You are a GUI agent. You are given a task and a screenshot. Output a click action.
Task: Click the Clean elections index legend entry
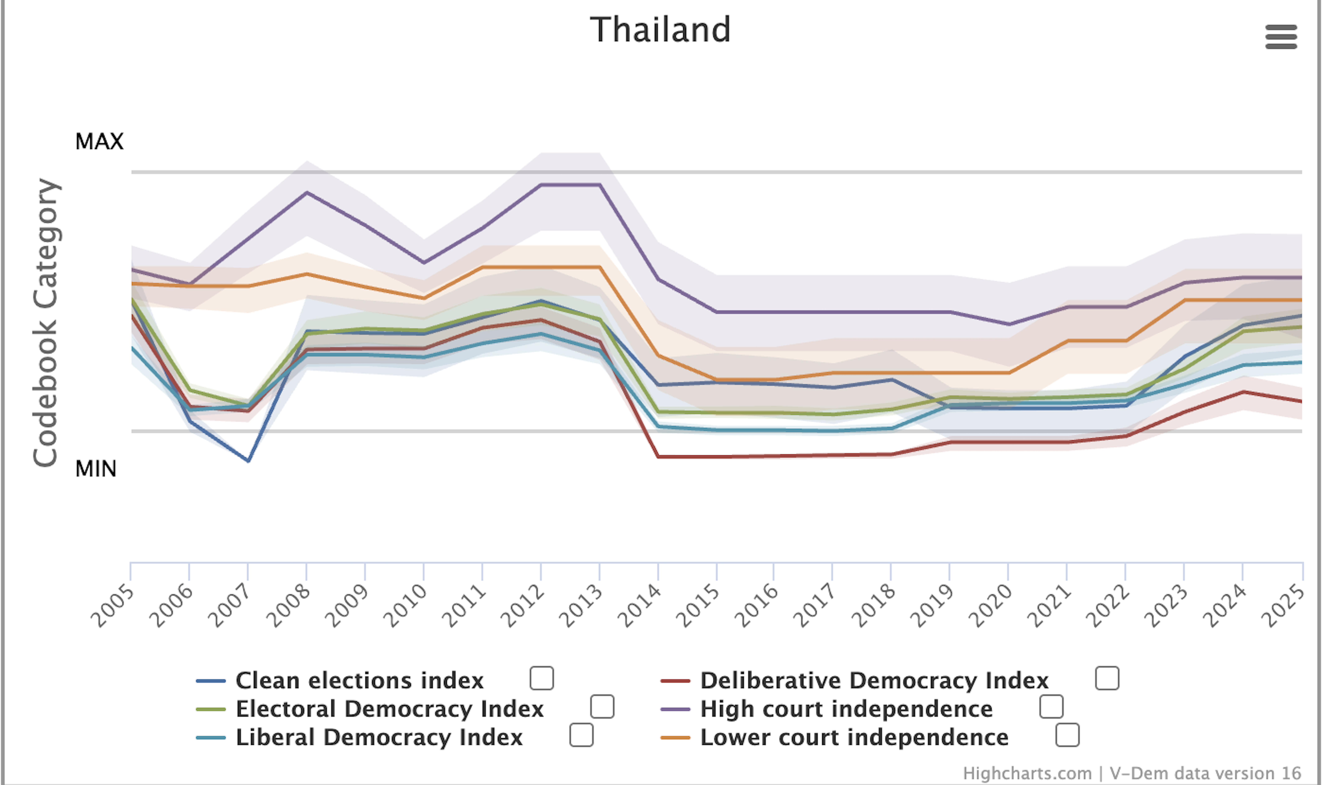(360, 680)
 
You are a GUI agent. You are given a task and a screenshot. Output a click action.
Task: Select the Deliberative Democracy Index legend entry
(874, 680)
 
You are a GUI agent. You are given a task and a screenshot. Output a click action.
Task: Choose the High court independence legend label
(846, 709)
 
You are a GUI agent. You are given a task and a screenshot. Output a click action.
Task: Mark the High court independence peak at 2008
(307, 192)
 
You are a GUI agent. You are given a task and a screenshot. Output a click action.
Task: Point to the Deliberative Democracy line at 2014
(658, 456)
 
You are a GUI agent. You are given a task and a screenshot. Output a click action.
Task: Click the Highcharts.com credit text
(1027, 773)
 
